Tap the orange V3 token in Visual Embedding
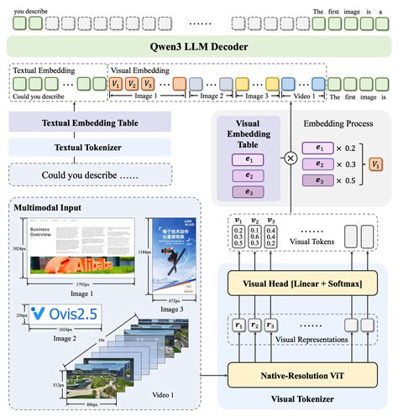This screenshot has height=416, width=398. tap(148, 84)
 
